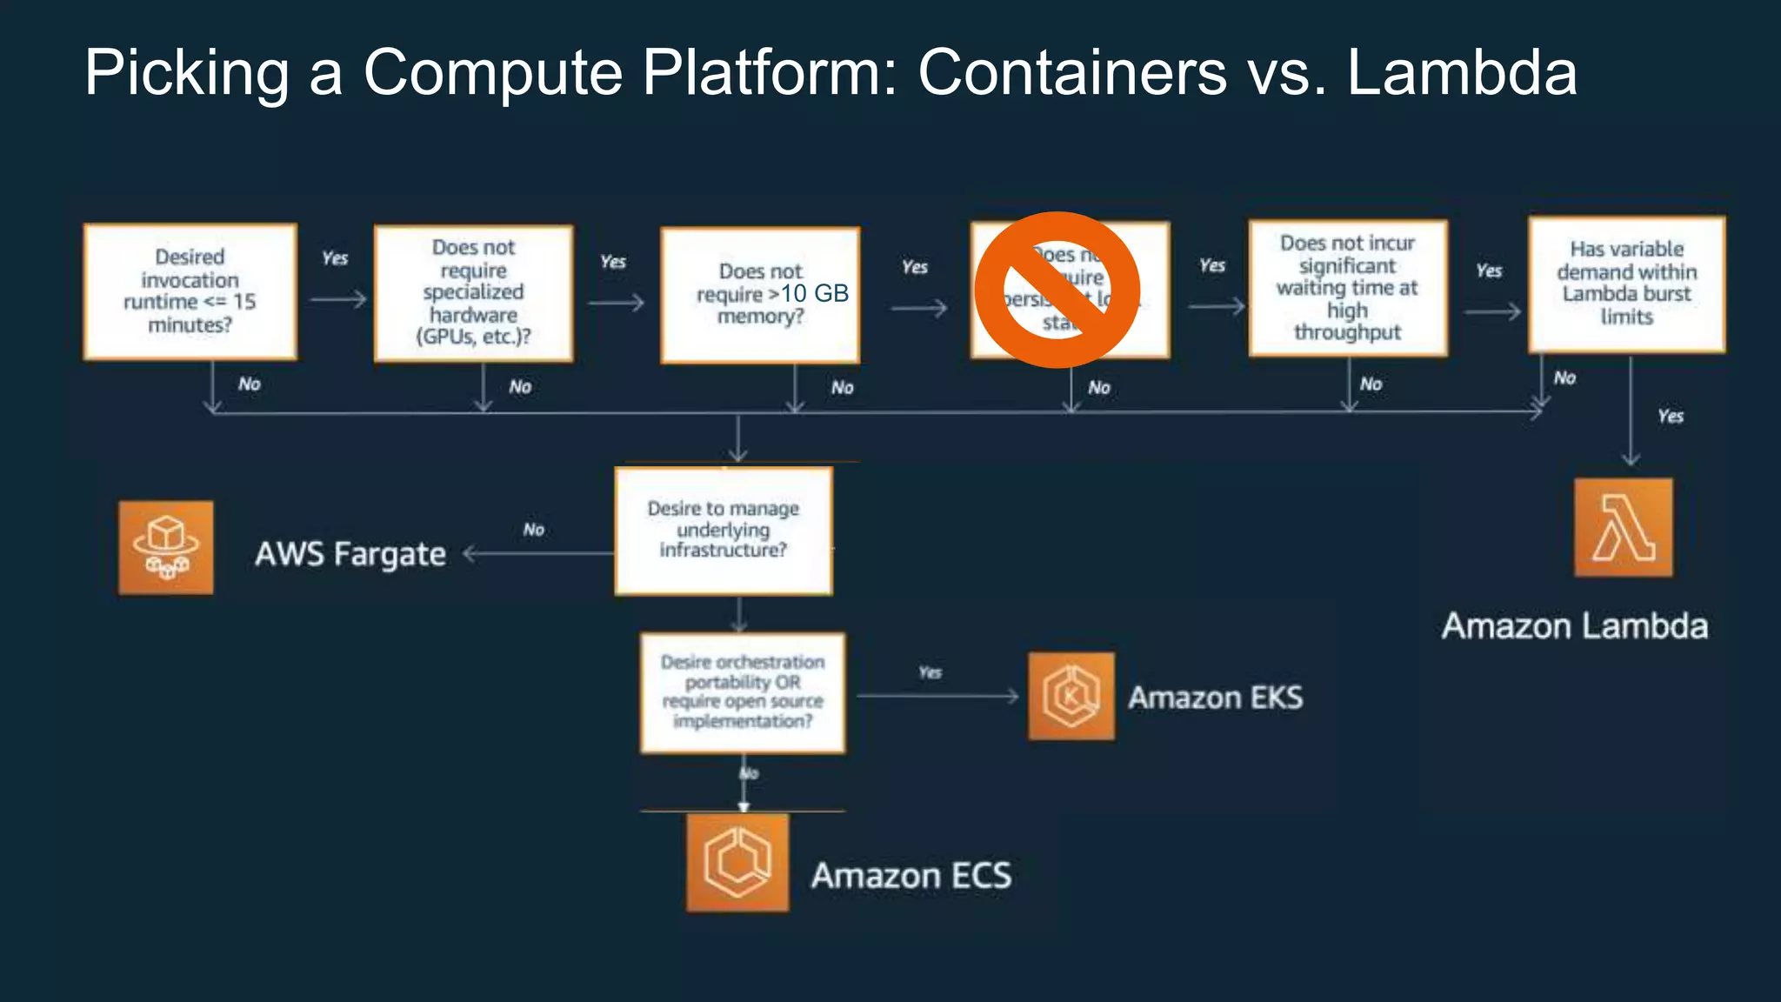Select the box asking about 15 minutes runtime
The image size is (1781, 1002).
pyautogui.click(x=190, y=291)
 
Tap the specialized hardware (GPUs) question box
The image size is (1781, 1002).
pyautogui.click(x=473, y=293)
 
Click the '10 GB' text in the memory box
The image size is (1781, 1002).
pyautogui.click(x=815, y=294)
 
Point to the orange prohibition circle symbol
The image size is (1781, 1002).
pyautogui.click(x=1057, y=290)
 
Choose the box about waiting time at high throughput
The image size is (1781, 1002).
pyautogui.click(x=1347, y=288)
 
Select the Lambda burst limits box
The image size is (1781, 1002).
pyautogui.click(x=1626, y=284)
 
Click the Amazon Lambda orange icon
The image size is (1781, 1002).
pyautogui.click(x=1623, y=527)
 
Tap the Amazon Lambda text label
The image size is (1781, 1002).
pyautogui.click(x=1574, y=626)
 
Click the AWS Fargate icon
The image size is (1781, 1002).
pyautogui.click(x=166, y=547)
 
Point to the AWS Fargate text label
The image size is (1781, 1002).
pyautogui.click(x=350, y=554)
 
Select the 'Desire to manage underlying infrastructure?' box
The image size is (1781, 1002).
pyautogui.click(x=723, y=531)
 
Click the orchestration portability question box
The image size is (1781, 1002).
pyautogui.click(x=742, y=692)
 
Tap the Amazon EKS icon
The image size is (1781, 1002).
pyautogui.click(x=1071, y=696)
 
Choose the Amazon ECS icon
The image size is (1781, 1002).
pyautogui.click(x=737, y=862)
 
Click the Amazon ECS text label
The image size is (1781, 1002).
pyautogui.click(x=911, y=876)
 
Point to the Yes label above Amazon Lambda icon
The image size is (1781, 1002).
pyautogui.click(x=1670, y=416)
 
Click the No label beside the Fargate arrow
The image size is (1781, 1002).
pyautogui.click(x=533, y=529)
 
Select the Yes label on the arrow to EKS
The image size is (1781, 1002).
pyautogui.click(x=930, y=672)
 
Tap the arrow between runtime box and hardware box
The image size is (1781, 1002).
pyautogui.click(x=337, y=300)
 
